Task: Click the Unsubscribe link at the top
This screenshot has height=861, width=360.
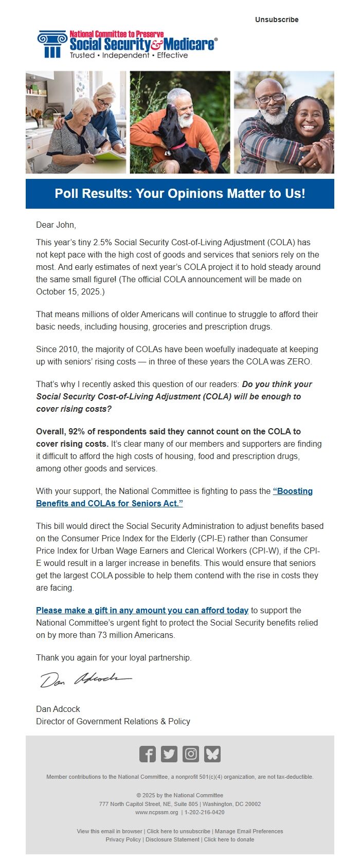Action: point(277,20)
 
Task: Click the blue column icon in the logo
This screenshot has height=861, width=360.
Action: point(52,44)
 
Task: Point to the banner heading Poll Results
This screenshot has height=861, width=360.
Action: point(179,194)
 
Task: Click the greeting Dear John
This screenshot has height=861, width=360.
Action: point(56,225)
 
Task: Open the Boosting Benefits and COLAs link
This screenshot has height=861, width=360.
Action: point(174,497)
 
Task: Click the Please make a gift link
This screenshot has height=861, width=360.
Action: point(142,610)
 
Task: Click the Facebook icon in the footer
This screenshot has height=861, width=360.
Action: point(148,754)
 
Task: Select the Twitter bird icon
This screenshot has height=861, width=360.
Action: point(169,754)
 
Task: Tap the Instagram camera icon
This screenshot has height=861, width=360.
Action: point(191,754)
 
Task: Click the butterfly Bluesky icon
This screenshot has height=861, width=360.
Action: point(212,754)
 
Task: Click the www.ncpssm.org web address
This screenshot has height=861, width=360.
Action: point(156,812)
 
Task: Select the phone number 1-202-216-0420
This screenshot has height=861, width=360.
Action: point(205,812)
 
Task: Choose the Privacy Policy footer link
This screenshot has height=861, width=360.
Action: point(123,839)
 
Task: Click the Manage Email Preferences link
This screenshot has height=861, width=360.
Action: point(249,831)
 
